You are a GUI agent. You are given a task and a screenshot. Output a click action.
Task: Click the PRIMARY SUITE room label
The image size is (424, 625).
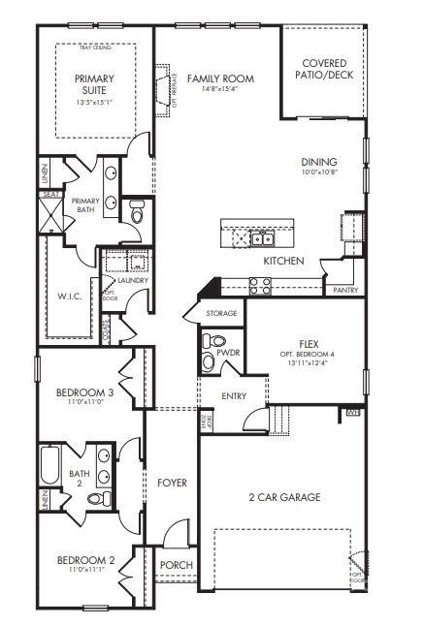[94, 85]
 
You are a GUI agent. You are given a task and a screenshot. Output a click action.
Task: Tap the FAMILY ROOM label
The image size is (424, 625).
[221, 78]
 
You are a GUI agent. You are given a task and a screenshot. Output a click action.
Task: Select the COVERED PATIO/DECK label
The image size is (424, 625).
[324, 69]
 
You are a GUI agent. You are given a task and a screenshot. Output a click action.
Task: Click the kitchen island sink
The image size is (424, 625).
[261, 237]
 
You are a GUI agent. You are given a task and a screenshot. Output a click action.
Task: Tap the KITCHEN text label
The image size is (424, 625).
[284, 262]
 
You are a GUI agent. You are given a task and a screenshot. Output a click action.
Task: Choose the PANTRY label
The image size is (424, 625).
[345, 290]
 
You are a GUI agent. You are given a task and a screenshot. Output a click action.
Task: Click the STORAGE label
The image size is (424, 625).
[221, 313]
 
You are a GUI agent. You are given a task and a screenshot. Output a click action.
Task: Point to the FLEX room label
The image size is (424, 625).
[310, 343]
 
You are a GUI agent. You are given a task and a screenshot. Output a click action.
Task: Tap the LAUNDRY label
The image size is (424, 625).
[133, 281]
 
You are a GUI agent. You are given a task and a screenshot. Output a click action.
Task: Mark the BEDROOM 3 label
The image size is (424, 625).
[84, 392]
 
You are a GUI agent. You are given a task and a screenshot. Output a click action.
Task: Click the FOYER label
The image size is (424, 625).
[172, 482]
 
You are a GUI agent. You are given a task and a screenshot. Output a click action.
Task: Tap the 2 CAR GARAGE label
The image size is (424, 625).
[284, 497]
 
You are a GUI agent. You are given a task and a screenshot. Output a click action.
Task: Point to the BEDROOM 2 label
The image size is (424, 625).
[84, 560]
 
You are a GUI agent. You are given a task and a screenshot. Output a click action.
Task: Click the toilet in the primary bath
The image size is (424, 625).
[137, 211]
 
